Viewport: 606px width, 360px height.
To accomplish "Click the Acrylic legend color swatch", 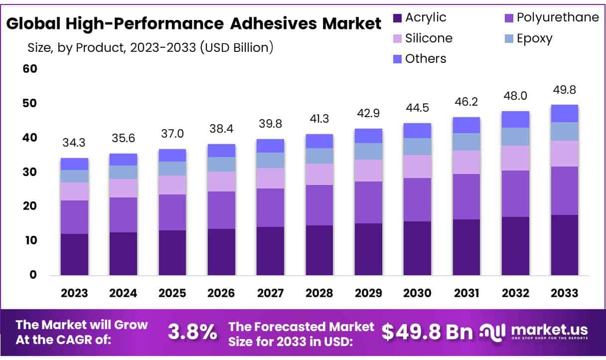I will pyautogui.click(x=397, y=18).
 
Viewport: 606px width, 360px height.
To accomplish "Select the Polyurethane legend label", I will pyautogui.click(x=558, y=18).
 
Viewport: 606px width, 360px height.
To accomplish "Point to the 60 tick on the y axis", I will pyautogui.click(x=30, y=69).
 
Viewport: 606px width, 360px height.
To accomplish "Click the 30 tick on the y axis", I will pyautogui.click(x=30, y=172).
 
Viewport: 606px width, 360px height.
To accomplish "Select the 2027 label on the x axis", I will pyautogui.click(x=271, y=293).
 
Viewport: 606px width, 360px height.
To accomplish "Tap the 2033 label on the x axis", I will pyautogui.click(x=564, y=293).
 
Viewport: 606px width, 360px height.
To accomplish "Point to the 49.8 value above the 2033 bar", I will pyautogui.click(x=565, y=90).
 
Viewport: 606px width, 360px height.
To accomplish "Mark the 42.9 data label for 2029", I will pyautogui.click(x=369, y=114).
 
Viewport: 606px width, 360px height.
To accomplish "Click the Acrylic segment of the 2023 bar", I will pyautogui.click(x=74, y=254).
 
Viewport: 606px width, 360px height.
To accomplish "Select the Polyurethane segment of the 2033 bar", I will pyautogui.click(x=565, y=190).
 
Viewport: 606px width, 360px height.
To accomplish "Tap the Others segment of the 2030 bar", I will pyautogui.click(x=418, y=131).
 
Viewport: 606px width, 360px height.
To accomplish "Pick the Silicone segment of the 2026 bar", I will pyautogui.click(x=222, y=181).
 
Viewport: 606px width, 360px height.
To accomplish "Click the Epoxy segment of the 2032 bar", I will pyautogui.click(x=515, y=137).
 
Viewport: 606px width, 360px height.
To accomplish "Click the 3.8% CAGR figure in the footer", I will pyautogui.click(x=192, y=332).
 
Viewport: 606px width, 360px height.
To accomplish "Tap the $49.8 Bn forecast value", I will pyautogui.click(x=427, y=332).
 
